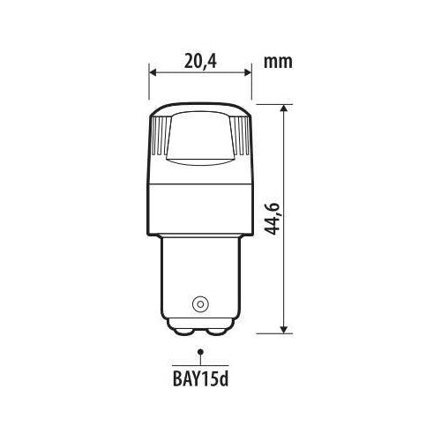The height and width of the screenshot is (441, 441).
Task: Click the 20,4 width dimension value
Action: (x=200, y=62)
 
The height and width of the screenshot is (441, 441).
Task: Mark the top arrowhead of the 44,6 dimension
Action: (x=284, y=108)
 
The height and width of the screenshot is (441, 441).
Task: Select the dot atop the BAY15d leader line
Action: (x=201, y=351)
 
